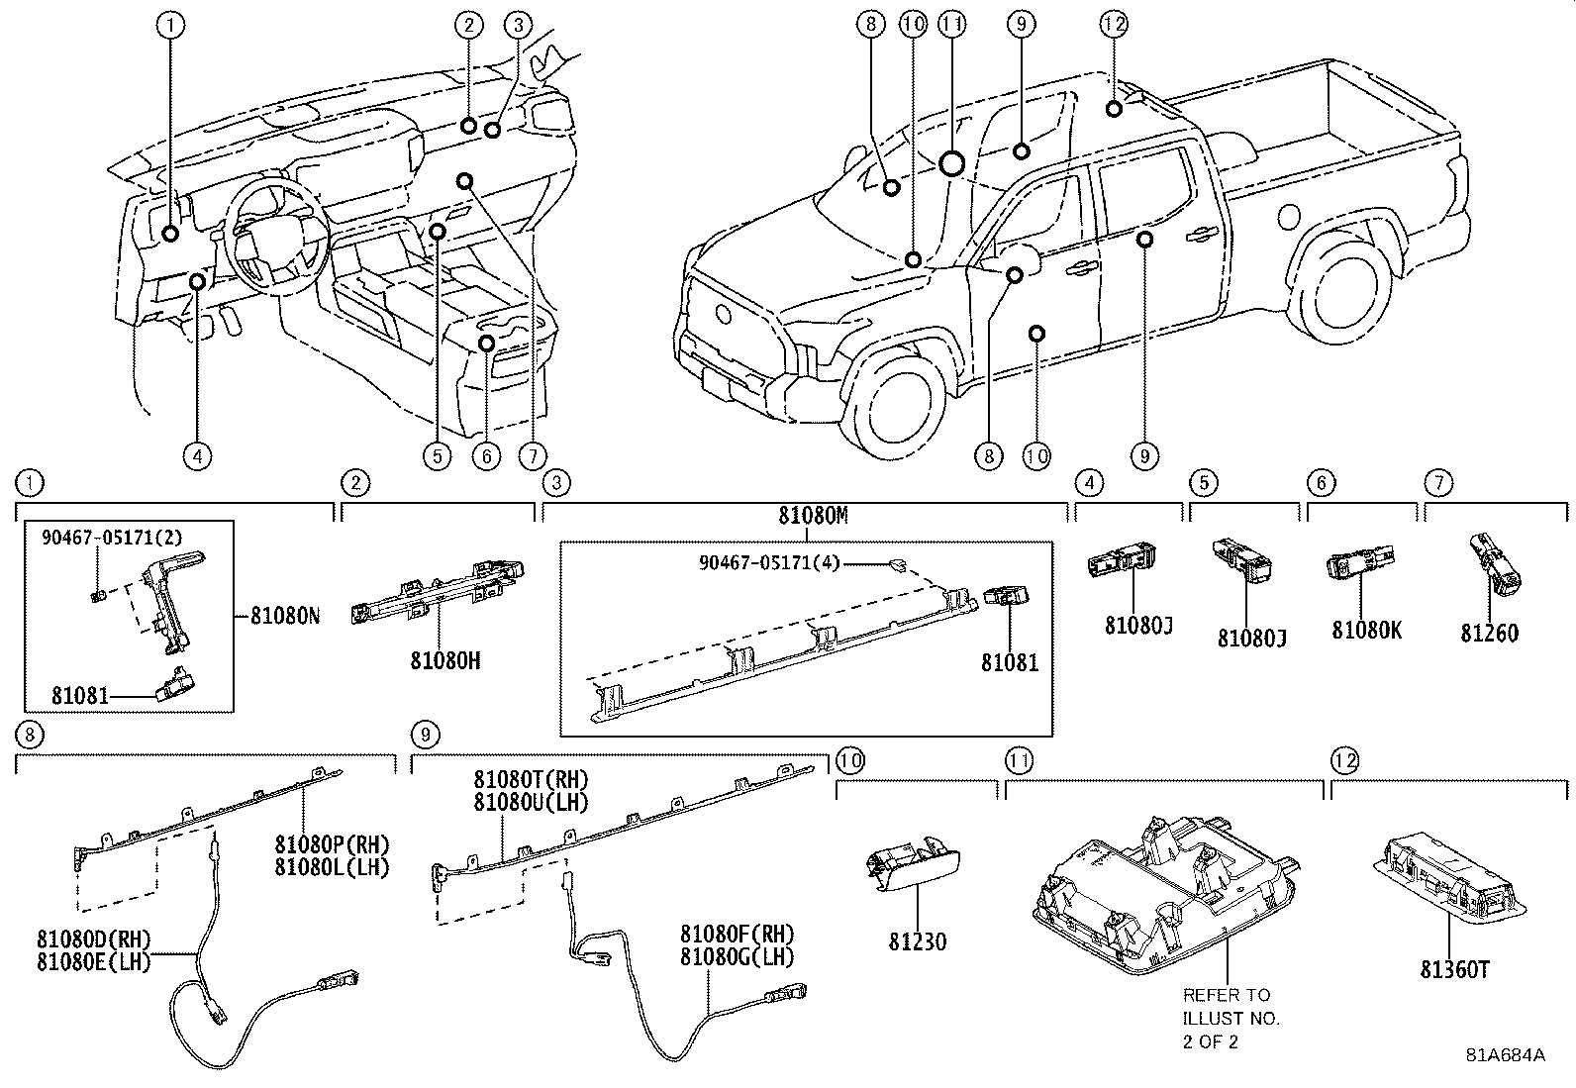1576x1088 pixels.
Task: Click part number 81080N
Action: pos(284,616)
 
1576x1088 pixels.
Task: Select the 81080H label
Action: pos(445,660)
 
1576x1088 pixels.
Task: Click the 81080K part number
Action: pos(1366,631)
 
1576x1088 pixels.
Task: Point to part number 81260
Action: pos(1489,633)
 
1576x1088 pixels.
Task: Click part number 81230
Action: pos(917,941)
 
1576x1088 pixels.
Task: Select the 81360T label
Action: pos(1454,970)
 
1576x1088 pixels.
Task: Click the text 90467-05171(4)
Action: pos(769,562)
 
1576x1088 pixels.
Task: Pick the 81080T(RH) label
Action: pos(531,781)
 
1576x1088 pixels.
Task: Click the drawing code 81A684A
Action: pos(1505,1055)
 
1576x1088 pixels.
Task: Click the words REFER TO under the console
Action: pos(1226,995)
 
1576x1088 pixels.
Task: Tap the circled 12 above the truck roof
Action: pos(1114,24)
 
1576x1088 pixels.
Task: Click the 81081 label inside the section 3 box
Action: pos(1010,661)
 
